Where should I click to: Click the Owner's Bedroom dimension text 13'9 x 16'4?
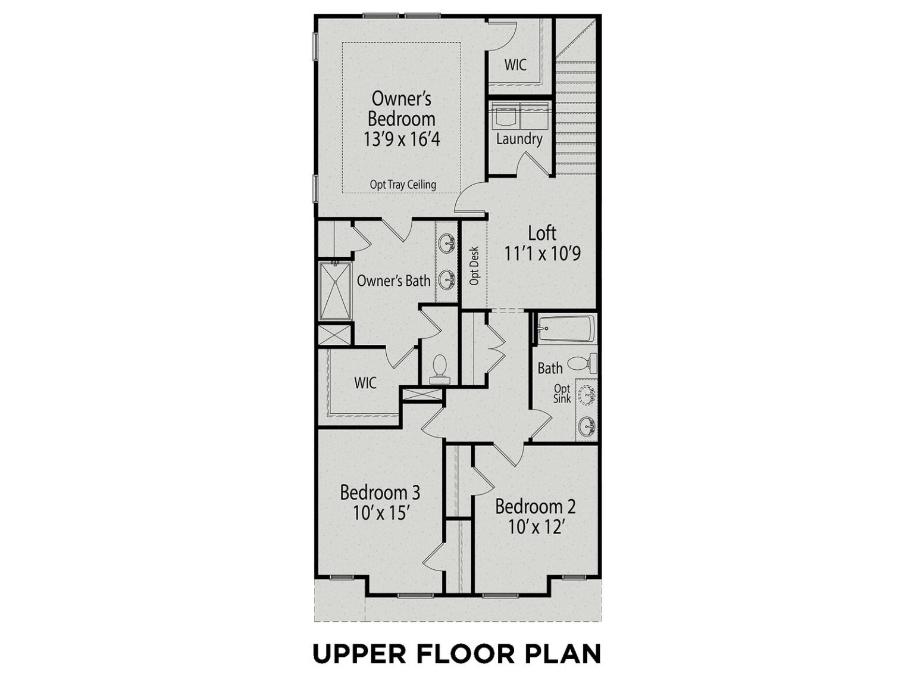[402, 139]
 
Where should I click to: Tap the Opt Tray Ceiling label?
[403, 185]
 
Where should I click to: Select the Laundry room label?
[519, 139]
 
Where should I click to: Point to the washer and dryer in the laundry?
[519, 115]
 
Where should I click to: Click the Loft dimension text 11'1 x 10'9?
[542, 253]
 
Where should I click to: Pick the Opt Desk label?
[474, 266]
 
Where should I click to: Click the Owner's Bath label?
[393, 280]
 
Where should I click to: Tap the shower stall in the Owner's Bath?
[335, 291]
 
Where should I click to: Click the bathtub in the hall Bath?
[566, 329]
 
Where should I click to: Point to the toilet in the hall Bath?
[582, 363]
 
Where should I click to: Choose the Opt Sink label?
[562, 394]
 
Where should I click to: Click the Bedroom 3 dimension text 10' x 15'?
[379, 513]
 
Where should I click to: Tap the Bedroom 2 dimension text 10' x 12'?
[536, 528]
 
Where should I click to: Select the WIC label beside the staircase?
[515, 64]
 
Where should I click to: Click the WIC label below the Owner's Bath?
[365, 383]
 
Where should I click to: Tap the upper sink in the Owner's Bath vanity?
[448, 243]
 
